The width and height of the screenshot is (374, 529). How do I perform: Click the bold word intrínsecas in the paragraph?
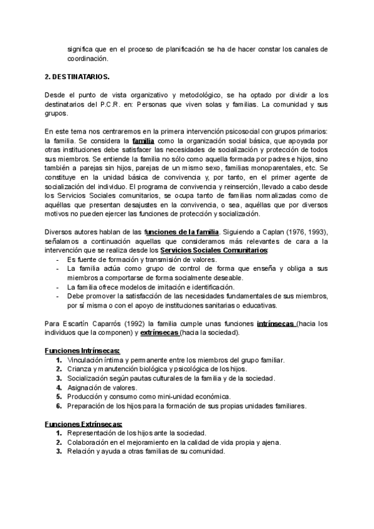276,324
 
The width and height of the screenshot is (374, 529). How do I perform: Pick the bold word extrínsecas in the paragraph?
158,332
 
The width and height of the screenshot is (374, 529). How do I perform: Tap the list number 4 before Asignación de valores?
58,387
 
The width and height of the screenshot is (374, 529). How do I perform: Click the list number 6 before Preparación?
58,405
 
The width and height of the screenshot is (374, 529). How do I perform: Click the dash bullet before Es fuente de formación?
58,259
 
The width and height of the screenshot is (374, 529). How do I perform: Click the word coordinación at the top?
88,59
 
